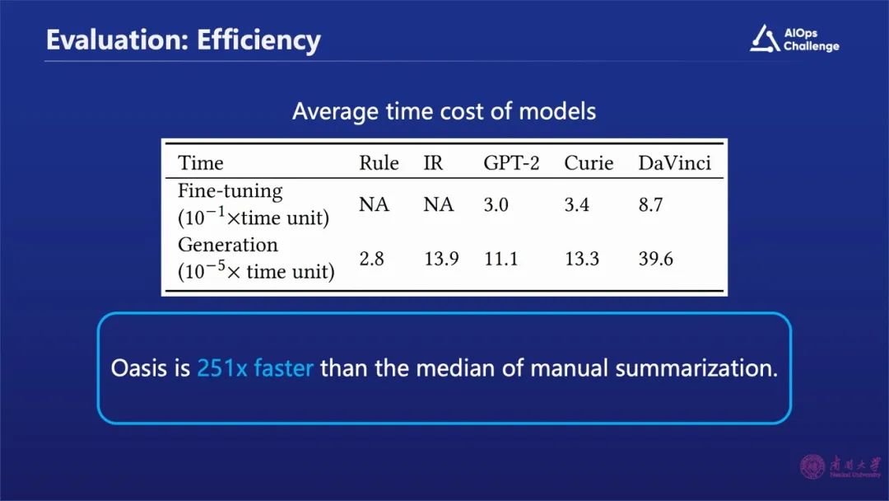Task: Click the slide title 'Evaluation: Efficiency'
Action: click(183, 40)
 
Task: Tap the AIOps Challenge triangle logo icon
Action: click(764, 39)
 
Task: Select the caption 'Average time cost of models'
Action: click(444, 111)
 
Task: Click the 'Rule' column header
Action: click(379, 163)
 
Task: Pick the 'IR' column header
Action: click(433, 163)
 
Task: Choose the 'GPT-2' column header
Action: click(511, 163)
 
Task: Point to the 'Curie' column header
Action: click(589, 163)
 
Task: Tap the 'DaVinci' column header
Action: click(674, 163)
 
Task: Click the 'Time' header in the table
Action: click(201, 163)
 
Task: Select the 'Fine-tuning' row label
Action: click(230, 191)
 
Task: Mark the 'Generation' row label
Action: click(228, 245)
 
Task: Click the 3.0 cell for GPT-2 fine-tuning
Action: click(496, 204)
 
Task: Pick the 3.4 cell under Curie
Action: click(576, 204)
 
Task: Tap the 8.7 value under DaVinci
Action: click(650, 204)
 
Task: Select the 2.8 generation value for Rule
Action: click(371, 259)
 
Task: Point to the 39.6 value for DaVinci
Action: click(655, 259)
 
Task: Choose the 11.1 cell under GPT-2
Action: click(500, 259)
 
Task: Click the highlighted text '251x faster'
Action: click(255, 368)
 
